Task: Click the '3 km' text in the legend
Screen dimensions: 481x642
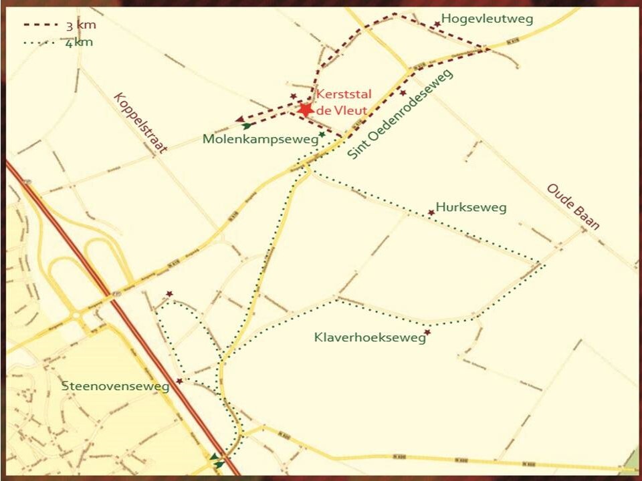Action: (81, 26)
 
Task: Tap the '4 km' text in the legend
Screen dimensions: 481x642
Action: (80, 43)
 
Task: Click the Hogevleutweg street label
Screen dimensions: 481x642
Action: (488, 19)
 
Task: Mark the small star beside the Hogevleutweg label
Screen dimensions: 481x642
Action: (437, 24)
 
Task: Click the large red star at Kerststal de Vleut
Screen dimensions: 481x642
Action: (306, 110)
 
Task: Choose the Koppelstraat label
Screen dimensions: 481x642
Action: (140, 123)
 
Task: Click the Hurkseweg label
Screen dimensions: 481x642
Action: (471, 207)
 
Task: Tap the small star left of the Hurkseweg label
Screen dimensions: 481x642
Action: (431, 212)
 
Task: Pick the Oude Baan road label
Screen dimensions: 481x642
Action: (573, 206)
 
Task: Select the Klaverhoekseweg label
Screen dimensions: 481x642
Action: (370, 338)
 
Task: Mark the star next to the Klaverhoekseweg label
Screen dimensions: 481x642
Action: (427, 332)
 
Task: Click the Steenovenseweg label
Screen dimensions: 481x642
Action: (118, 386)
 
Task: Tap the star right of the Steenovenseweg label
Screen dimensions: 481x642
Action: (179, 381)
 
